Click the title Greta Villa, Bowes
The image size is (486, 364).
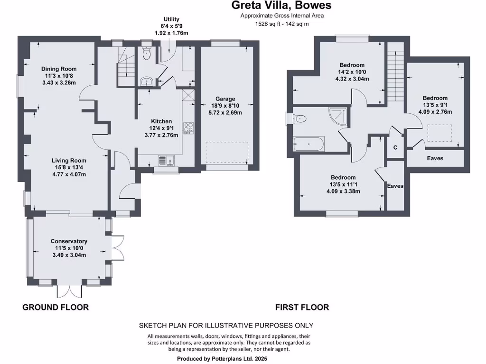click(281, 6)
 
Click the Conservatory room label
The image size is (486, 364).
click(69, 241)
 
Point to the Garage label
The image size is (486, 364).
click(225, 99)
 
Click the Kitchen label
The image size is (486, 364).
click(161, 121)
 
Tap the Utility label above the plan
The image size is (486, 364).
click(171, 19)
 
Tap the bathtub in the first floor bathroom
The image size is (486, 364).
click(309, 144)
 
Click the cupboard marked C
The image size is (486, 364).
click(395, 147)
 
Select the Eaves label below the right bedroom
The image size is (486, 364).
click(435, 158)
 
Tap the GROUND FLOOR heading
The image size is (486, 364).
click(56, 308)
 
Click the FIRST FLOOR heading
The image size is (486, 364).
click(302, 308)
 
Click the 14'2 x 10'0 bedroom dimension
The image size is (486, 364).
click(352, 72)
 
